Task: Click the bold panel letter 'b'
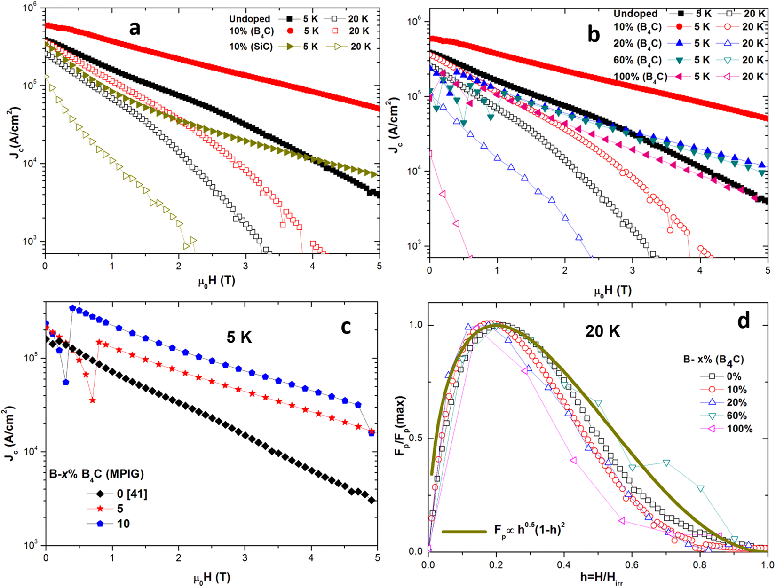point(594,35)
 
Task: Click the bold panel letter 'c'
point(346,326)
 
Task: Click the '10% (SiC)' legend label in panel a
point(251,47)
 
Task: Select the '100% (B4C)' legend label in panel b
point(640,77)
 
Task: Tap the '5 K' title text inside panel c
point(239,337)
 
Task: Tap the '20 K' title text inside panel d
point(602,331)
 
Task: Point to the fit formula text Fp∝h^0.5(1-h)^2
point(529,530)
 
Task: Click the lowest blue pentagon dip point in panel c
point(66,382)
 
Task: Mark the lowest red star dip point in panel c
point(93,400)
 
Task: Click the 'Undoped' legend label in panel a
point(249,19)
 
